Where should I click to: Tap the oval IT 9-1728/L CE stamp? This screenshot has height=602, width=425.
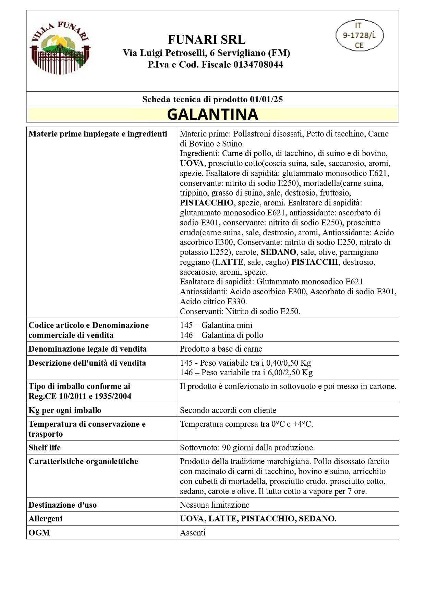tap(359, 35)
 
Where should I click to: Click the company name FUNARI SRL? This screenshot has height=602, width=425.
tap(206, 40)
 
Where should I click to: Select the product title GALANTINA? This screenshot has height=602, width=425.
tap(212, 114)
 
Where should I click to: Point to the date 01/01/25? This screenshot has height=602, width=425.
tap(266, 99)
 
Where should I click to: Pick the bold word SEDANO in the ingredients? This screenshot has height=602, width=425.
tap(278, 252)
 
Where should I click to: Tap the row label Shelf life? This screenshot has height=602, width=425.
tap(45, 448)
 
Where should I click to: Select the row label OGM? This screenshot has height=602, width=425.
tap(39, 533)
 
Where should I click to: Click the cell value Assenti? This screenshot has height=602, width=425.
tap(193, 533)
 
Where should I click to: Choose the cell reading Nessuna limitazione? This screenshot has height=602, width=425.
tap(215, 505)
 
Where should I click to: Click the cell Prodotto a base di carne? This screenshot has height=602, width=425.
tap(221, 349)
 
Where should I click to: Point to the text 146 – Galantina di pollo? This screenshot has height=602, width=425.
tap(222, 335)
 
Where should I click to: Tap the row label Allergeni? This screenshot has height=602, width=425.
tap(46, 519)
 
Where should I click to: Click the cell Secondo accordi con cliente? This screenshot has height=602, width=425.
tap(228, 410)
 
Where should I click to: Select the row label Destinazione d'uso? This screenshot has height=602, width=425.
tap(63, 505)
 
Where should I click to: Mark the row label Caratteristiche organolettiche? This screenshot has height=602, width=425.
tap(83, 461)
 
